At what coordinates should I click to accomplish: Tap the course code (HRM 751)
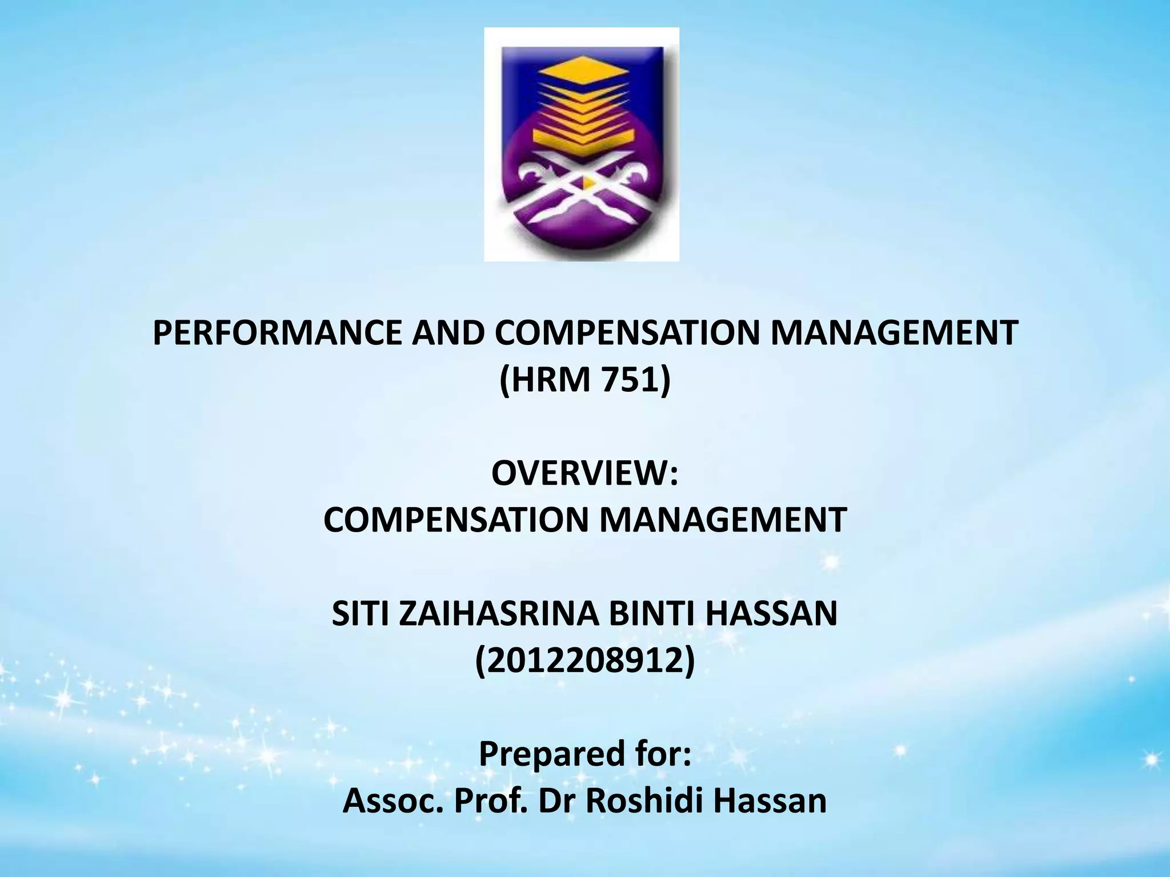tap(584, 379)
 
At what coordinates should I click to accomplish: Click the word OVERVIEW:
tap(584, 474)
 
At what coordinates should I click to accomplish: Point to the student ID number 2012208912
tap(585, 660)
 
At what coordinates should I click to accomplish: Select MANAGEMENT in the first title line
tap(893, 333)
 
